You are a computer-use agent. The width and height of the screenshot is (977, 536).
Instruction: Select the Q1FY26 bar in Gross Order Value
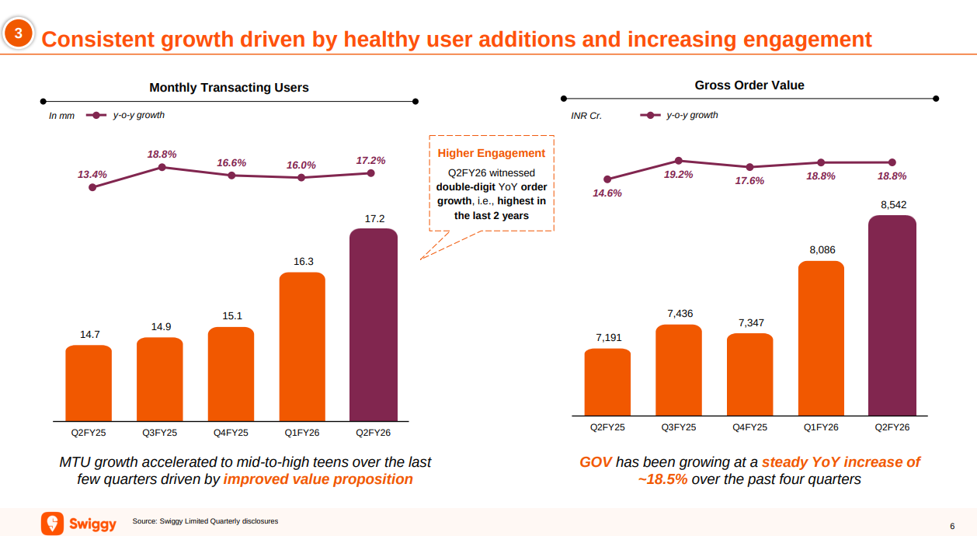click(x=821, y=339)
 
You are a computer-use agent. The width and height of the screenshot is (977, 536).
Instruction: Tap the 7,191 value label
click(x=608, y=338)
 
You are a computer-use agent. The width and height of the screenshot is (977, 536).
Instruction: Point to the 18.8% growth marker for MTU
click(x=162, y=167)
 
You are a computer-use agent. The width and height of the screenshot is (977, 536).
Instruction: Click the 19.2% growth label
click(x=678, y=175)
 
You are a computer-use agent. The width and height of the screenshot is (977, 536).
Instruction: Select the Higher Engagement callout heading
click(x=492, y=153)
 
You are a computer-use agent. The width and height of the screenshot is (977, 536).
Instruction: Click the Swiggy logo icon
click(x=52, y=523)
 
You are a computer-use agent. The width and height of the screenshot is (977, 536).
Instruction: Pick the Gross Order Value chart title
click(x=749, y=85)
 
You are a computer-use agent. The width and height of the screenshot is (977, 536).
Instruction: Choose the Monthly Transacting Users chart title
click(x=229, y=88)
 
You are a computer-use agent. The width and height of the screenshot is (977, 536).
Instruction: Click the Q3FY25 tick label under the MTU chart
click(x=159, y=433)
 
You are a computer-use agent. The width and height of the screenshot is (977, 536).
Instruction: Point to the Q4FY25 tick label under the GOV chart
click(x=749, y=427)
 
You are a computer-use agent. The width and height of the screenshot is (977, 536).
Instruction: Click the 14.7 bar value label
click(x=89, y=335)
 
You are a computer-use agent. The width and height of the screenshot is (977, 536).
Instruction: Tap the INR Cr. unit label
click(x=586, y=116)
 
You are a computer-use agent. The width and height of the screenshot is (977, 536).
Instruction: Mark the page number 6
click(x=952, y=525)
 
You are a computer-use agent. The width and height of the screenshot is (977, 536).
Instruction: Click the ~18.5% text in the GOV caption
click(x=662, y=479)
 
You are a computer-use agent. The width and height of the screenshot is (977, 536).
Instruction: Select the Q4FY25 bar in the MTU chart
click(x=231, y=374)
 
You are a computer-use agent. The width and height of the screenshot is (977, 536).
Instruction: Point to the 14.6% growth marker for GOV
click(x=607, y=179)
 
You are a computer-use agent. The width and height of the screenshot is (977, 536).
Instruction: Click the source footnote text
click(x=205, y=521)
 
